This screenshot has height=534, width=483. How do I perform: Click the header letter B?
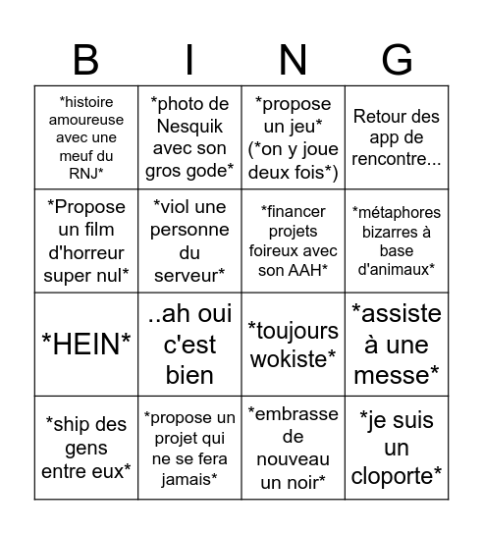point(86,60)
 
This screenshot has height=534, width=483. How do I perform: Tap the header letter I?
point(189,60)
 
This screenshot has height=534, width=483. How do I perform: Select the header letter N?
point(294,60)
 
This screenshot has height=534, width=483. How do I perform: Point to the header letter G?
point(397,60)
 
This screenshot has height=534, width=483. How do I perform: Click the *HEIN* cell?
point(86,345)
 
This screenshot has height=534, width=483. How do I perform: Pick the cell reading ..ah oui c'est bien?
point(189,345)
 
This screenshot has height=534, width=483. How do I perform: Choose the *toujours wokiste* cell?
point(294,345)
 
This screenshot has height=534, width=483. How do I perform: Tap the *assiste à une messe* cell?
point(397,345)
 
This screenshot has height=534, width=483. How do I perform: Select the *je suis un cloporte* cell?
point(397,448)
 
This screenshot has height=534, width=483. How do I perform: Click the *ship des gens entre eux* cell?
point(86,448)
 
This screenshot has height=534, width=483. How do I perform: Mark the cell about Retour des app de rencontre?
point(397,137)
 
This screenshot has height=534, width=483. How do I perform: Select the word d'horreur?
point(86,252)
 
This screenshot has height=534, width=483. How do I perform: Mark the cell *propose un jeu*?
point(294,137)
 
